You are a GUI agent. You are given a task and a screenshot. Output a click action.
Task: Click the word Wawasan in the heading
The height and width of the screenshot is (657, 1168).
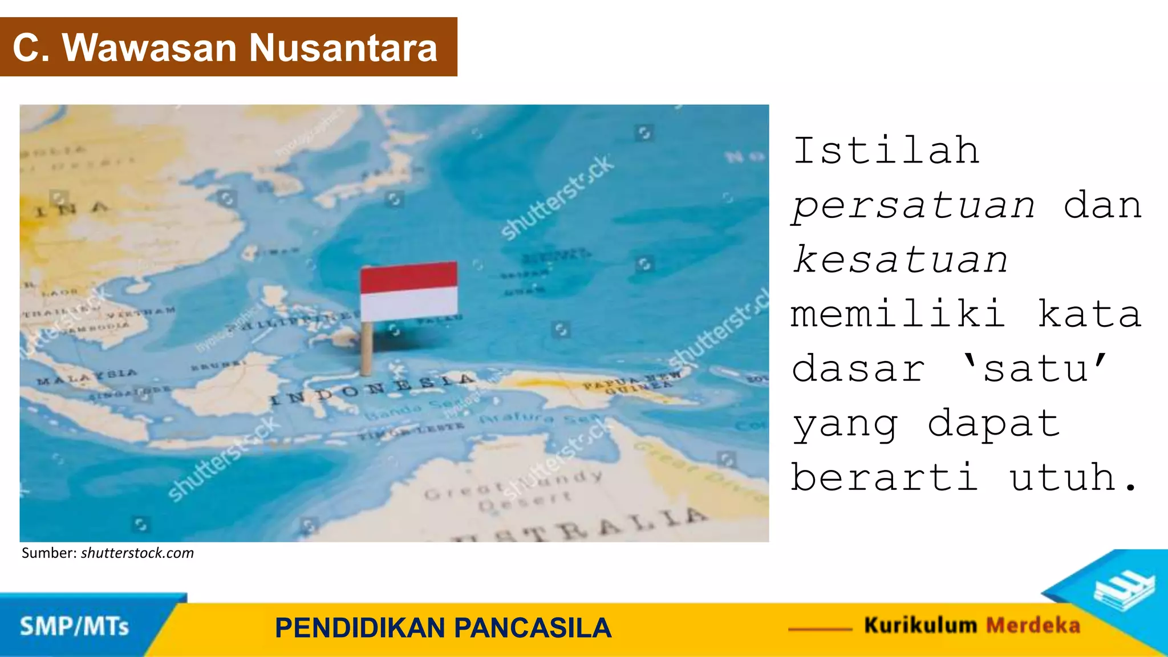[149, 47]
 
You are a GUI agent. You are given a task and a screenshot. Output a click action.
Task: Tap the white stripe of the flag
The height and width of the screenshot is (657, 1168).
[408, 304]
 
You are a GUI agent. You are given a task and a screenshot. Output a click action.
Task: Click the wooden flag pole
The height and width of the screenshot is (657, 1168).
[367, 347]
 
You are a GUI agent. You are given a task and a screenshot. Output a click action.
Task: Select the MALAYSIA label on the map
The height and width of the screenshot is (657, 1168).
[87, 376]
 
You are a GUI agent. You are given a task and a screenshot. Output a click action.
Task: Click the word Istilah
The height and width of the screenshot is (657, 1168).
[886, 151]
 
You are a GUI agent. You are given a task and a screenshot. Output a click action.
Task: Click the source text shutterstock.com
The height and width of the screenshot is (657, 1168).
[137, 553]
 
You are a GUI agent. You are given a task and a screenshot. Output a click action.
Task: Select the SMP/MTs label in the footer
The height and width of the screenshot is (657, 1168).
[74, 627]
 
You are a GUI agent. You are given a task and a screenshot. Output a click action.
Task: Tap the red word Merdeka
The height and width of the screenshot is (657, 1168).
[1033, 625]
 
